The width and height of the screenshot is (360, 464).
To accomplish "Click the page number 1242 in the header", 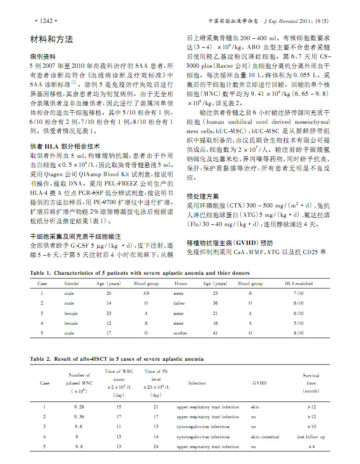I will (x=45, y=21).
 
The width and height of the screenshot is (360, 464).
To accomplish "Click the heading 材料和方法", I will (x=51, y=40).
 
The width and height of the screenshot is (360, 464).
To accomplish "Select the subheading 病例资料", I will (x=43, y=56).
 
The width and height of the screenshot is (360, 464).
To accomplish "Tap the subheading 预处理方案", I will (x=202, y=196).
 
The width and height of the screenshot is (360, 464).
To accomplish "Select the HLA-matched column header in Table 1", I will (x=298, y=283).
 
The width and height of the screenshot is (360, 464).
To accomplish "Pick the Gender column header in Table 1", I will (x=72, y=283).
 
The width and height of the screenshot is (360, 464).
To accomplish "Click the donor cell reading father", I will (x=179, y=303).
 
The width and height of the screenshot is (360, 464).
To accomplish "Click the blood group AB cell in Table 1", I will (x=145, y=293).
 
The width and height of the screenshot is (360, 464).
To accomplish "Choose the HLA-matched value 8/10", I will (x=298, y=333).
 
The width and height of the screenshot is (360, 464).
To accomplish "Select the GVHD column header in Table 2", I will (x=259, y=383).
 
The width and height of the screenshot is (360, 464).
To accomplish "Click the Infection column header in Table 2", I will (x=197, y=383).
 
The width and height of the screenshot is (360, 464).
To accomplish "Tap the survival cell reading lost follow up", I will (x=311, y=437).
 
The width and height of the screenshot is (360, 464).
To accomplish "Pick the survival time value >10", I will (x=311, y=427).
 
